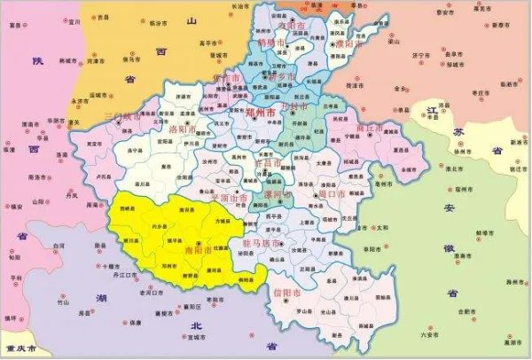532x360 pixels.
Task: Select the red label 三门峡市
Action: (121, 115)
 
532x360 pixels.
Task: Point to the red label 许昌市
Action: (267, 164)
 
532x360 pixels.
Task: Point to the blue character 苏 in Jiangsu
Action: (459, 131)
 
